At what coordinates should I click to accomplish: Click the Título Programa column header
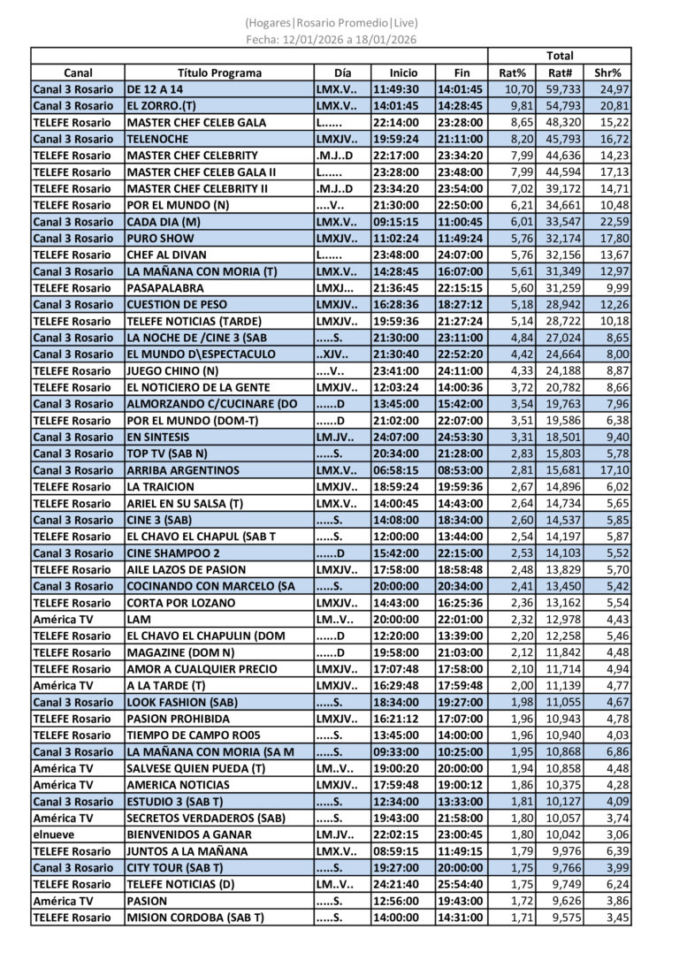pos(219,73)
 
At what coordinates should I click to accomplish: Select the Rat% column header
pos(513,73)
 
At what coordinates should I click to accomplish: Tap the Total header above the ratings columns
pos(560,56)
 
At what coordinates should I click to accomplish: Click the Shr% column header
pos(607,73)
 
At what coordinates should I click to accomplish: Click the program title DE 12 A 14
pos(156,89)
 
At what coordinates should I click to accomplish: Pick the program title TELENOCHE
pos(157,139)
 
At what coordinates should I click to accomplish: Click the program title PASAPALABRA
pos(165,288)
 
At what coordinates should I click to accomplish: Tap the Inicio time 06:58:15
pos(395,470)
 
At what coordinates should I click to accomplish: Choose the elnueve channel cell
pos(55,834)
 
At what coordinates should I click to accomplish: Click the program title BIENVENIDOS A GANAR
pos(189,834)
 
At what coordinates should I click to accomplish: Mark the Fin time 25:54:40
pos(462,884)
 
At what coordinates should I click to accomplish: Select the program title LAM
pos(139,620)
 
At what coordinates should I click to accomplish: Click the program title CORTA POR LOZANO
pos(181,603)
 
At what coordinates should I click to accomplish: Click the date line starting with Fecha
pos(332,39)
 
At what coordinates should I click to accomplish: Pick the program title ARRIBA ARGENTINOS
pos(183,470)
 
